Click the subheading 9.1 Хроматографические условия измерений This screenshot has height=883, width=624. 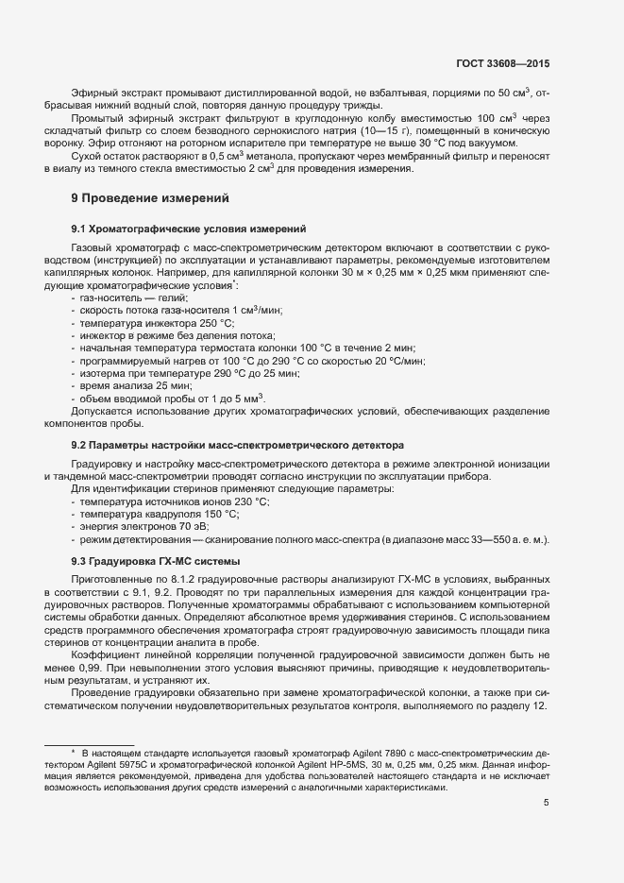click(x=187, y=229)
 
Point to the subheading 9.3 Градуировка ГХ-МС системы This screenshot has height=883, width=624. click(x=155, y=562)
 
